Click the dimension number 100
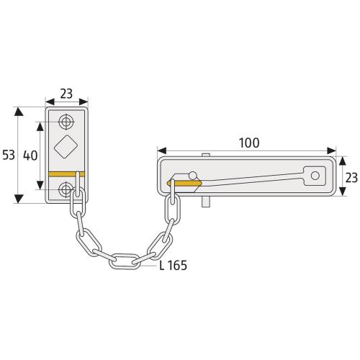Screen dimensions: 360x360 click(x=248, y=143)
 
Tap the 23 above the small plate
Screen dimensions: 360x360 click(x=66, y=92)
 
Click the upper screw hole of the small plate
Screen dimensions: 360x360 click(x=66, y=120)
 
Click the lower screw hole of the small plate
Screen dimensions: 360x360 click(x=66, y=189)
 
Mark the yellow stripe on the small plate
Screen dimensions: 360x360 click(x=66, y=174)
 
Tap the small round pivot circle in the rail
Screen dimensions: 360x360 click(x=192, y=174)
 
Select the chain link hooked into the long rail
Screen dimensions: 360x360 click(x=171, y=210)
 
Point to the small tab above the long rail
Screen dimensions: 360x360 click(x=207, y=156)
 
